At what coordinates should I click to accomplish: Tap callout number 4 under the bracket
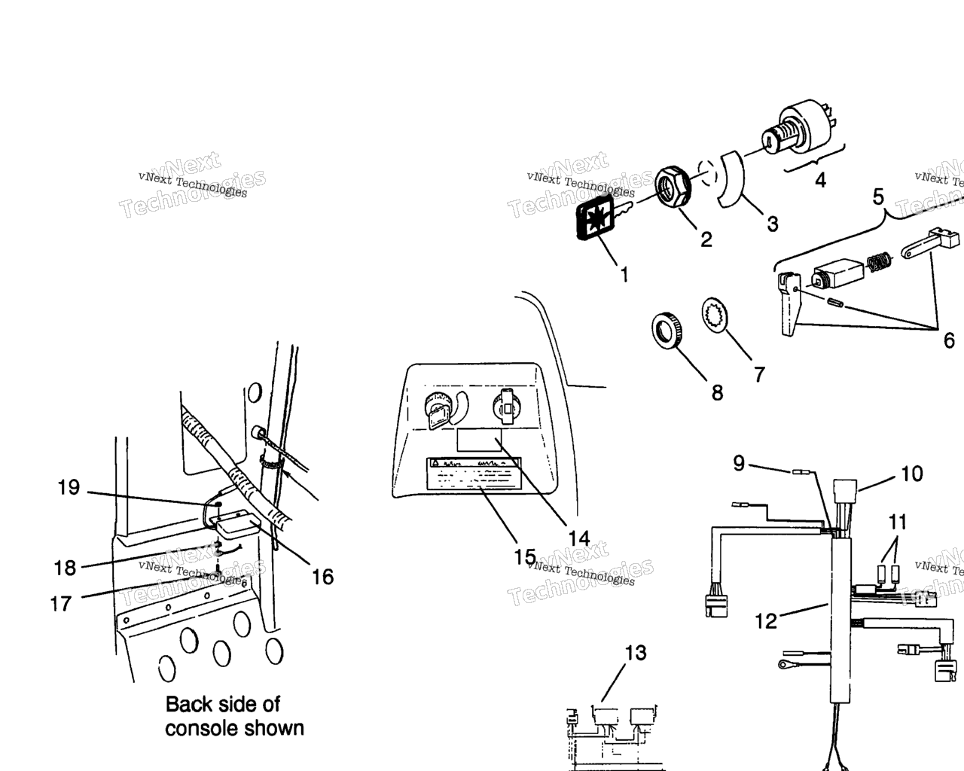pyautogui.click(x=820, y=181)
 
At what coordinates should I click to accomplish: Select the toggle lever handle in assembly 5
pyautogui.click(x=788, y=304)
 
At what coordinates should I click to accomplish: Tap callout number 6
pyautogui.click(x=949, y=340)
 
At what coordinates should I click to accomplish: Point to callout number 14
pyautogui.click(x=578, y=538)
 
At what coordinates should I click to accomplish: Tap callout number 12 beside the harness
pyautogui.click(x=766, y=621)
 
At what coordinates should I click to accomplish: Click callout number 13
pyautogui.click(x=636, y=653)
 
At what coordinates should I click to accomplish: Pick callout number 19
pyautogui.click(x=69, y=488)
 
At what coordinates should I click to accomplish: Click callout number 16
pyautogui.click(x=322, y=577)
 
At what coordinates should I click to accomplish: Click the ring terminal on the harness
pyautogui.click(x=784, y=664)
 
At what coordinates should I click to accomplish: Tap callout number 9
pyautogui.click(x=739, y=464)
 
